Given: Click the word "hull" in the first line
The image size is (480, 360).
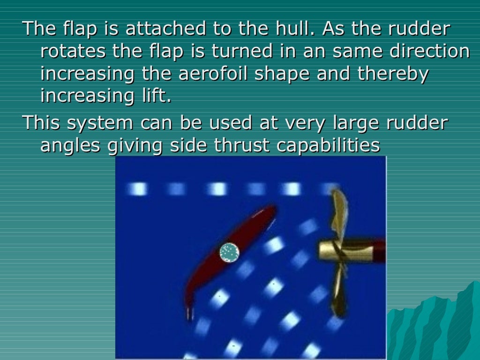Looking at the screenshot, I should (291, 29).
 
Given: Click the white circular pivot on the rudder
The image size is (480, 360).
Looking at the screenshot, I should (229, 253).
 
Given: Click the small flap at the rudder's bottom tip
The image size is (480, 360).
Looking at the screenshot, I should (189, 313).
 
